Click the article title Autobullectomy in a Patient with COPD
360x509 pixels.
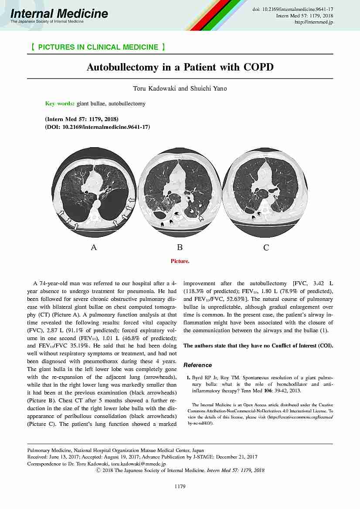coord(180,67)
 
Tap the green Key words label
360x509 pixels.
coord(60,104)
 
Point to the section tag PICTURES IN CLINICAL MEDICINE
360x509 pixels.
coord(98,47)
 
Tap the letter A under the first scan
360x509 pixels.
coord(93,247)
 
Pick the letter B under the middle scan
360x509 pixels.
coord(180,247)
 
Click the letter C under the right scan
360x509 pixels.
coord(266,248)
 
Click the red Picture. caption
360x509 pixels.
coord(180,261)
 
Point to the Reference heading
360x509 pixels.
coord(197,365)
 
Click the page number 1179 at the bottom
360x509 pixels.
coord(180,486)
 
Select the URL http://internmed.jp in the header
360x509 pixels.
coord(314,22)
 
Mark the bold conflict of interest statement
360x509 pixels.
coord(258,346)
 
